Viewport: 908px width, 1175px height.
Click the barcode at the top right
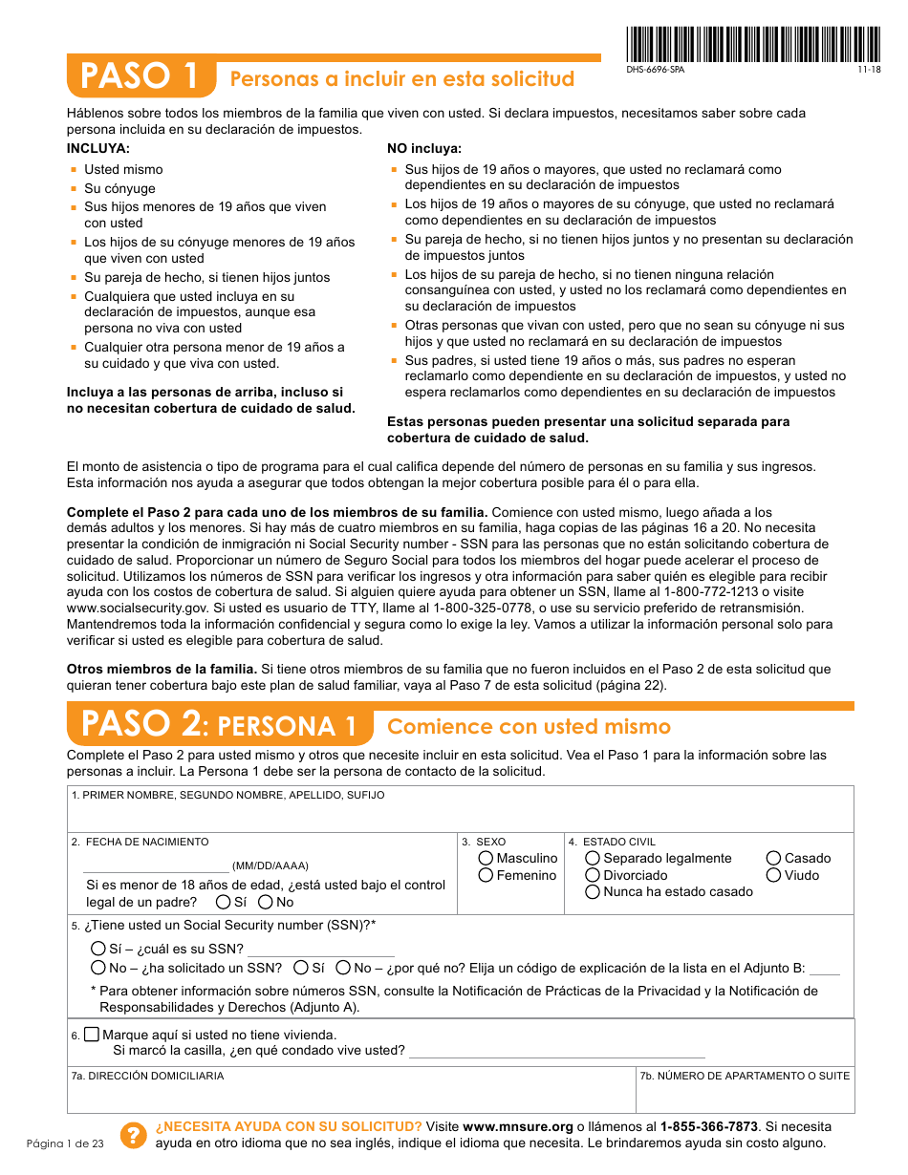coord(754,43)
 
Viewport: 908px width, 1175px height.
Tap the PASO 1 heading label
coord(141,76)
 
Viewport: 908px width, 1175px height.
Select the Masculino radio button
coord(486,859)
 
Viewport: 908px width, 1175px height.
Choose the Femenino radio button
coord(486,875)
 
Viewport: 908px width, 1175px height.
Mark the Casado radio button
coord(774,859)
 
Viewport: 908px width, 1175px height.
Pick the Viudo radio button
coord(774,875)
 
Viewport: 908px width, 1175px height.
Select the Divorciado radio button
coord(593,875)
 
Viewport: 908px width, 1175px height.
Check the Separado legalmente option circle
coord(593,859)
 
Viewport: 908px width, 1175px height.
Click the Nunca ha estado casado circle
coord(593,892)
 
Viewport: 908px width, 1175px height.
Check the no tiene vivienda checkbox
coord(92,1035)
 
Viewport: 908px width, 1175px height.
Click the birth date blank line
coord(156,870)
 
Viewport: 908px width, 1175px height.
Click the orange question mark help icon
coord(133,1135)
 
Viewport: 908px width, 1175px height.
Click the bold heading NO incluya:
coord(424,149)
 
